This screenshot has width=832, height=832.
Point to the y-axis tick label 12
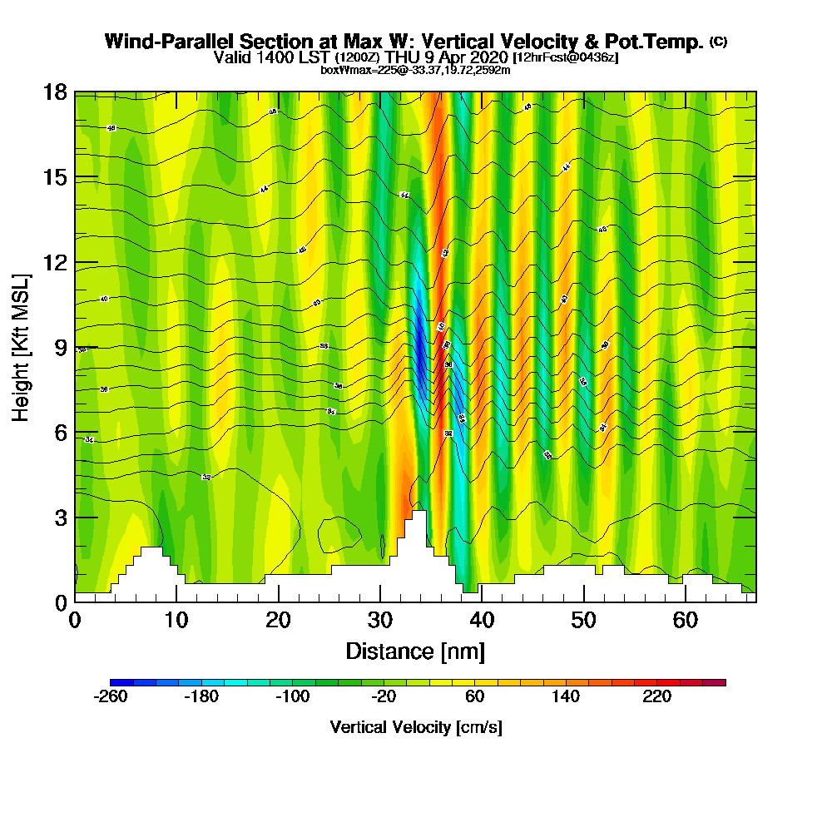(x=55, y=262)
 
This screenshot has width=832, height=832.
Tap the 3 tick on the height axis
(x=60, y=517)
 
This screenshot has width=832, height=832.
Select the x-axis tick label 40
(x=482, y=620)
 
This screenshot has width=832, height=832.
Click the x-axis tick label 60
(x=685, y=620)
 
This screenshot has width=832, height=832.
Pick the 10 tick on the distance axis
(x=176, y=620)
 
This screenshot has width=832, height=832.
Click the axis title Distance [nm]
(x=415, y=651)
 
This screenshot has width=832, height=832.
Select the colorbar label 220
(x=657, y=697)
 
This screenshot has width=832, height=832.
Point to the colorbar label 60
(x=474, y=697)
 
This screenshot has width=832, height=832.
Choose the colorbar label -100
(x=292, y=697)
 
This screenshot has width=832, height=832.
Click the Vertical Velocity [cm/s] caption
(x=416, y=727)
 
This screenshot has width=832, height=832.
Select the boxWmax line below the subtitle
(x=415, y=70)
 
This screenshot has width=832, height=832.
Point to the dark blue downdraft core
(x=421, y=349)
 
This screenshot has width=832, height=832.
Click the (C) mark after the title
(x=718, y=42)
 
